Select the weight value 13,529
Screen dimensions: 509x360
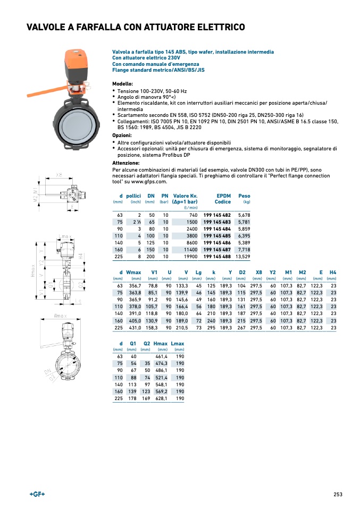click(x=242, y=256)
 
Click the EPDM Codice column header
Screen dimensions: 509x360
click(x=222, y=199)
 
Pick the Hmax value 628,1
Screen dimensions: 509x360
click(x=160, y=398)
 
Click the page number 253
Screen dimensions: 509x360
click(x=338, y=494)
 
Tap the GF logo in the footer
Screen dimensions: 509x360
click(x=37, y=494)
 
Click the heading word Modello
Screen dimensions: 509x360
click(x=122, y=84)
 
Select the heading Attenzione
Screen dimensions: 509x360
click(x=125, y=163)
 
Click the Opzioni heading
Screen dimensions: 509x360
click(x=122, y=135)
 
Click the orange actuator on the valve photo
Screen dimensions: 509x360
click(x=74, y=63)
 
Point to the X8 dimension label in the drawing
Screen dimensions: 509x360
click(x=59, y=175)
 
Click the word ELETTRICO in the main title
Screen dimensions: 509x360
click(x=214, y=27)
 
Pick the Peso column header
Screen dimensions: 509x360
click(x=244, y=196)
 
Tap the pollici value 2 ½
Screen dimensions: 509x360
click(x=136, y=222)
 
